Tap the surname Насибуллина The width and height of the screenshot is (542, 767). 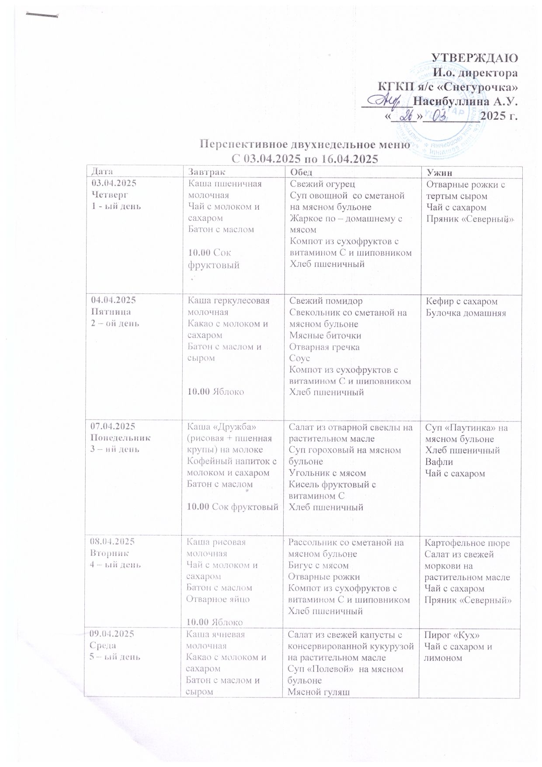[452, 102]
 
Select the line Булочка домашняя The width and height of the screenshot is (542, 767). [466, 313]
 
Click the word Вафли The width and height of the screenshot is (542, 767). [438, 462]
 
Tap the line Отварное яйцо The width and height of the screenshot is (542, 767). [218, 599]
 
